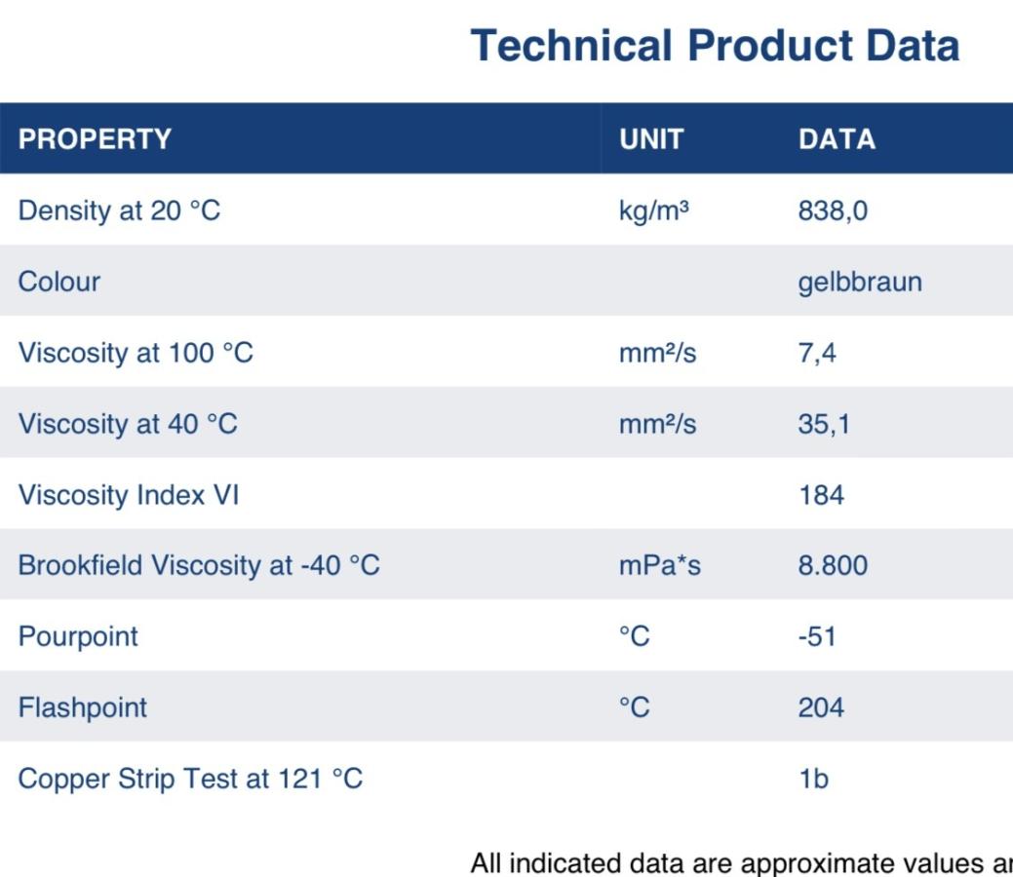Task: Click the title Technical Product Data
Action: [x=716, y=46]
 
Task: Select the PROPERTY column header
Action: [x=95, y=139]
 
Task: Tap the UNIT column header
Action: [x=651, y=139]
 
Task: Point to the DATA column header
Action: [x=838, y=139]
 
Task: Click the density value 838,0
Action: [x=833, y=211]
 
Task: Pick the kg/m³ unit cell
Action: [x=654, y=211]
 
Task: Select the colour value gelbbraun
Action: [x=860, y=283]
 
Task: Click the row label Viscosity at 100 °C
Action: [x=136, y=354]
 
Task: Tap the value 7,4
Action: [x=817, y=354]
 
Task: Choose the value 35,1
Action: [x=824, y=424]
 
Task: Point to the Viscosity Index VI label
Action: [x=129, y=495]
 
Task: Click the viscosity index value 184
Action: [x=822, y=495]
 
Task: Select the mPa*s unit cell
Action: [x=660, y=566]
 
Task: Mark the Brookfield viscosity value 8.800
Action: [x=833, y=566]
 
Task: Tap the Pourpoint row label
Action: [x=78, y=637]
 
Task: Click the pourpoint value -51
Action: [x=817, y=636]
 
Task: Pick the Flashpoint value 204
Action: [x=821, y=707]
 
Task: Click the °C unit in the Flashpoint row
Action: [x=635, y=707]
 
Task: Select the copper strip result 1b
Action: [x=814, y=779]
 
